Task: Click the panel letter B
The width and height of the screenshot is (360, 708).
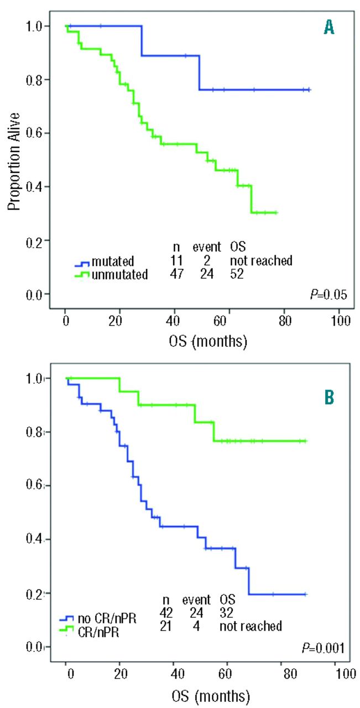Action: (328, 397)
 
